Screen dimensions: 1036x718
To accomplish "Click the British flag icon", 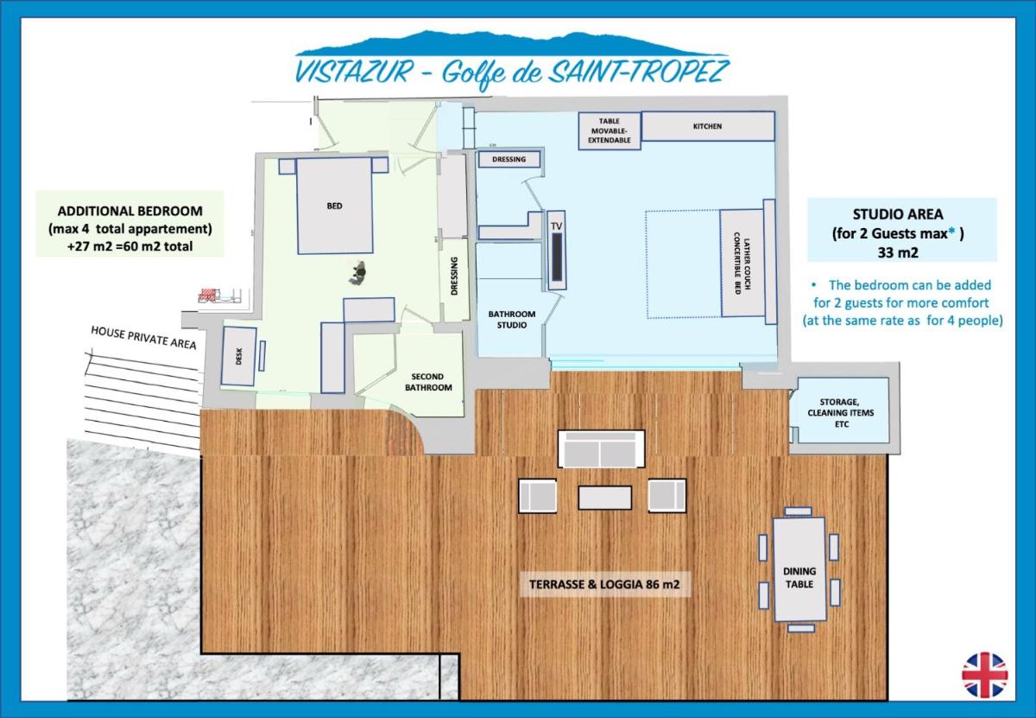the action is pyautogui.click(x=985, y=675).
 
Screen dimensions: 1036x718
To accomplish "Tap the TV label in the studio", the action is pyautogui.click(x=556, y=226).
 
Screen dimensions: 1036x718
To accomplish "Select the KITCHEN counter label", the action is pyautogui.click(x=707, y=126).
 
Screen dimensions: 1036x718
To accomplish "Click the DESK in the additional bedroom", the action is pyautogui.click(x=238, y=356).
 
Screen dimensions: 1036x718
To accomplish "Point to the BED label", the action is pyautogui.click(x=334, y=206).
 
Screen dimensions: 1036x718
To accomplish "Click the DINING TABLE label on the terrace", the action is pyautogui.click(x=799, y=578).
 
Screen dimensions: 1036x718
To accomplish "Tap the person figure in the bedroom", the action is pyautogui.click(x=357, y=273).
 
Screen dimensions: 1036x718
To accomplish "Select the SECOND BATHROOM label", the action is pyautogui.click(x=428, y=382).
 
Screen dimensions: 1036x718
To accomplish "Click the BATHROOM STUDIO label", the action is pyautogui.click(x=511, y=320).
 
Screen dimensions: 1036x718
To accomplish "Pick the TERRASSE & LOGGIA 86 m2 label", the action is pyautogui.click(x=604, y=584).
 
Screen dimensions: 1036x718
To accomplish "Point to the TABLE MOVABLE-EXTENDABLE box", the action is pyautogui.click(x=610, y=130).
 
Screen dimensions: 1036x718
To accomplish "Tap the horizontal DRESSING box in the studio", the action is pyautogui.click(x=509, y=159).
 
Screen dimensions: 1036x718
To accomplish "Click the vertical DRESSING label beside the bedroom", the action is pyautogui.click(x=454, y=276).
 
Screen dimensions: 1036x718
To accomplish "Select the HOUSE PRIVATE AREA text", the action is pyautogui.click(x=143, y=338).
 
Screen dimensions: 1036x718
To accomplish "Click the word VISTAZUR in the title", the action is pyautogui.click(x=354, y=71).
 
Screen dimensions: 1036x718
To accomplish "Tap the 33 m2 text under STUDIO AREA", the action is pyautogui.click(x=898, y=253).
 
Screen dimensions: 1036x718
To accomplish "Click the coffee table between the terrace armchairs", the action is pyautogui.click(x=604, y=498).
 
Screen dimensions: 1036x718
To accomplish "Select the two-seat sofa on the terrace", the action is pyautogui.click(x=601, y=448).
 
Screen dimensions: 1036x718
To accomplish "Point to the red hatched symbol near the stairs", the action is pyautogui.click(x=209, y=295).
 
